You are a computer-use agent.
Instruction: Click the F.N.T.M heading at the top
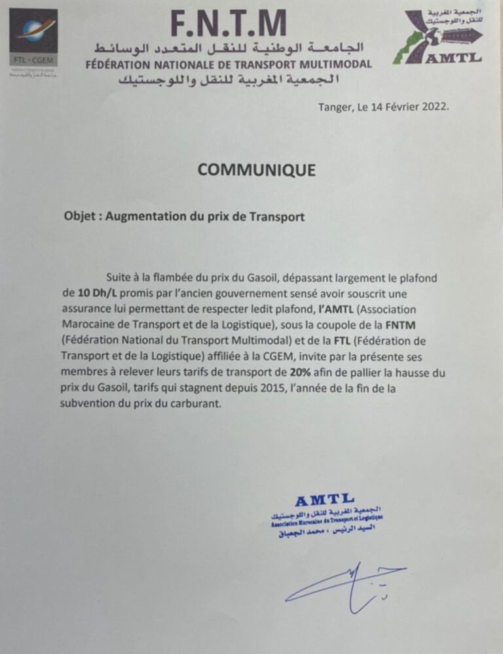[x=228, y=24]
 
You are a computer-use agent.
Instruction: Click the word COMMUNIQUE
[x=256, y=170]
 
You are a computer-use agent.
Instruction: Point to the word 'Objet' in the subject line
[x=79, y=216]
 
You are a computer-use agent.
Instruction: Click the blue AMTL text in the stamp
[x=324, y=500]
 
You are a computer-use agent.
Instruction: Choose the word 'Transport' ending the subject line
[x=278, y=216]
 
